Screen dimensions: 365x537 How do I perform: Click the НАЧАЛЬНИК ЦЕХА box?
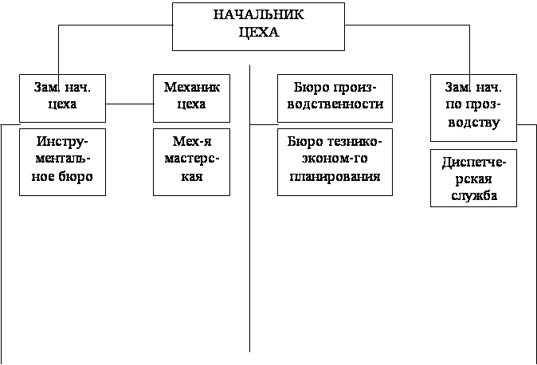(x=259, y=26)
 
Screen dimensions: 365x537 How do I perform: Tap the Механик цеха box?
(x=191, y=97)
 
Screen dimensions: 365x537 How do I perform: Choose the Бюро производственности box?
(x=335, y=97)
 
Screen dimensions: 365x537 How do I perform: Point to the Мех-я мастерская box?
(x=191, y=161)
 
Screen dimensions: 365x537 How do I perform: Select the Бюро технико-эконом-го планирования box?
(x=335, y=161)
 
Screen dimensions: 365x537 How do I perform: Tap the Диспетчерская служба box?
(x=473, y=177)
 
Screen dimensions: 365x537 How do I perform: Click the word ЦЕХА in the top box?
(x=259, y=33)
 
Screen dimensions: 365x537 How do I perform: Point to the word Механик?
(x=191, y=87)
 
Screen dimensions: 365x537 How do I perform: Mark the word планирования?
(x=335, y=177)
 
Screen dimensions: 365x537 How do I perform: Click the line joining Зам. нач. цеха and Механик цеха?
(x=131, y=104)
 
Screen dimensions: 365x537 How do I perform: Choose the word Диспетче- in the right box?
(x=473, y=162)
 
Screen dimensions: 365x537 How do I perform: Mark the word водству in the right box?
(x=473, y=123)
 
